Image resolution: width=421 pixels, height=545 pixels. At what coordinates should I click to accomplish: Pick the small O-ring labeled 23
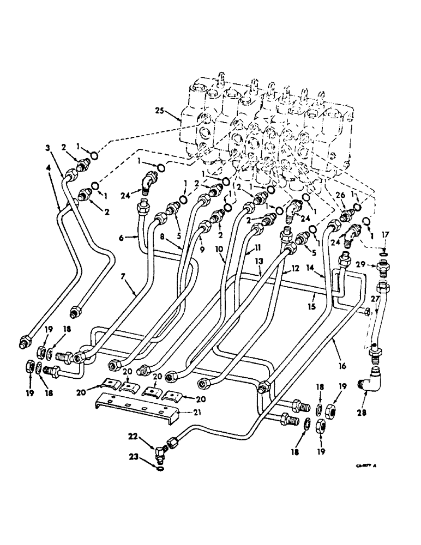[159, 467]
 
